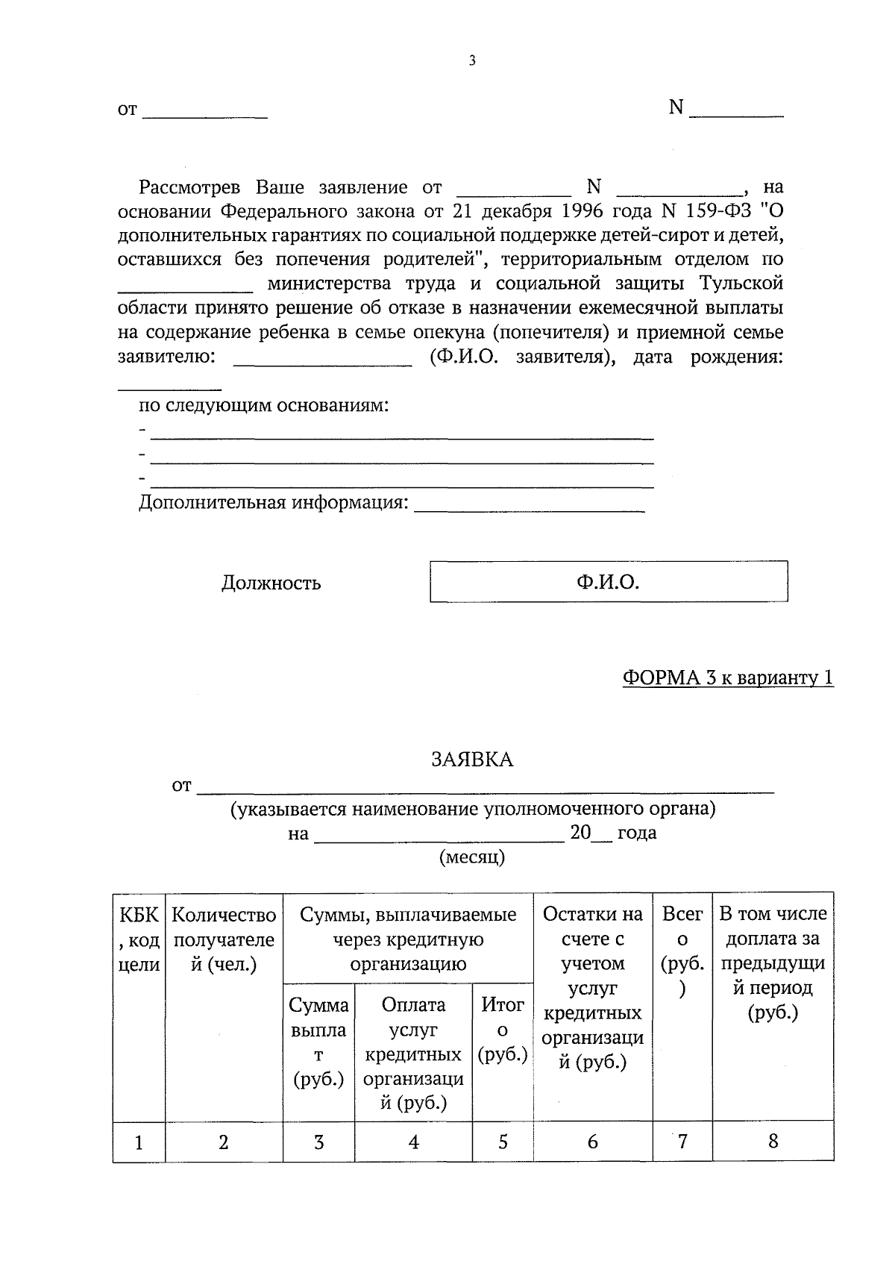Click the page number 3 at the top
coord(471,61)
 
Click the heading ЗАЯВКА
coord(472,760)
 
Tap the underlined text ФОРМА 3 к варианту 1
coord(728,678)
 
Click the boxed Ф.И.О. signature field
coord(608,582)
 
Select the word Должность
coord(271,583)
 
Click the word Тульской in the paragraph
coord(741,284)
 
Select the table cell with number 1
coord(139,1142)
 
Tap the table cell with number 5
coord(503,1142)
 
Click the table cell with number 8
coord(773,1141)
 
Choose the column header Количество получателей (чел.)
coord(224,939)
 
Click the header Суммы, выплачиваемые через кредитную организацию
coord(408,939)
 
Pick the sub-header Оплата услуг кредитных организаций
coord(413,1054)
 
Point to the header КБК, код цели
coord(139,939)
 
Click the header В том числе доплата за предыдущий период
coord(773,963)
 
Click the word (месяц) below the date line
coord(472,857)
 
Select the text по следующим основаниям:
coord(264,406)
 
